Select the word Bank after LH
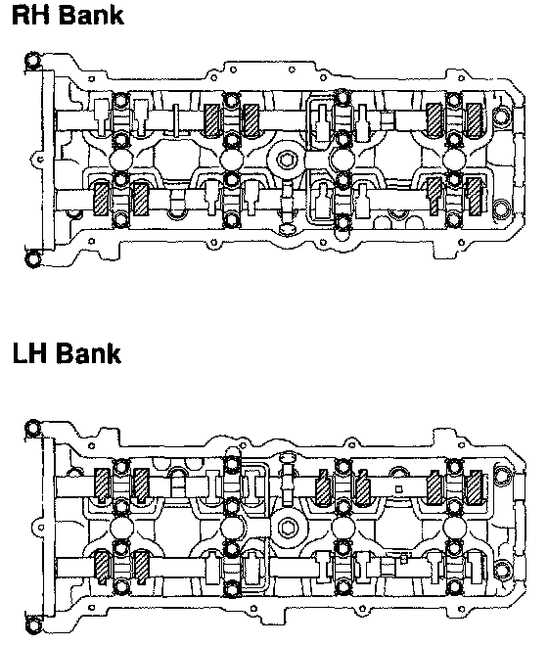point(89,353)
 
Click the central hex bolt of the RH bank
point(286,160)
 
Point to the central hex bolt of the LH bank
point(286,528)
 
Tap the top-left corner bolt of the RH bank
point(32,61)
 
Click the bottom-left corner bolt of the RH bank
point(33,258)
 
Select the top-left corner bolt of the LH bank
point(32,428)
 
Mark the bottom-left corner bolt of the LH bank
point(33,625)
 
